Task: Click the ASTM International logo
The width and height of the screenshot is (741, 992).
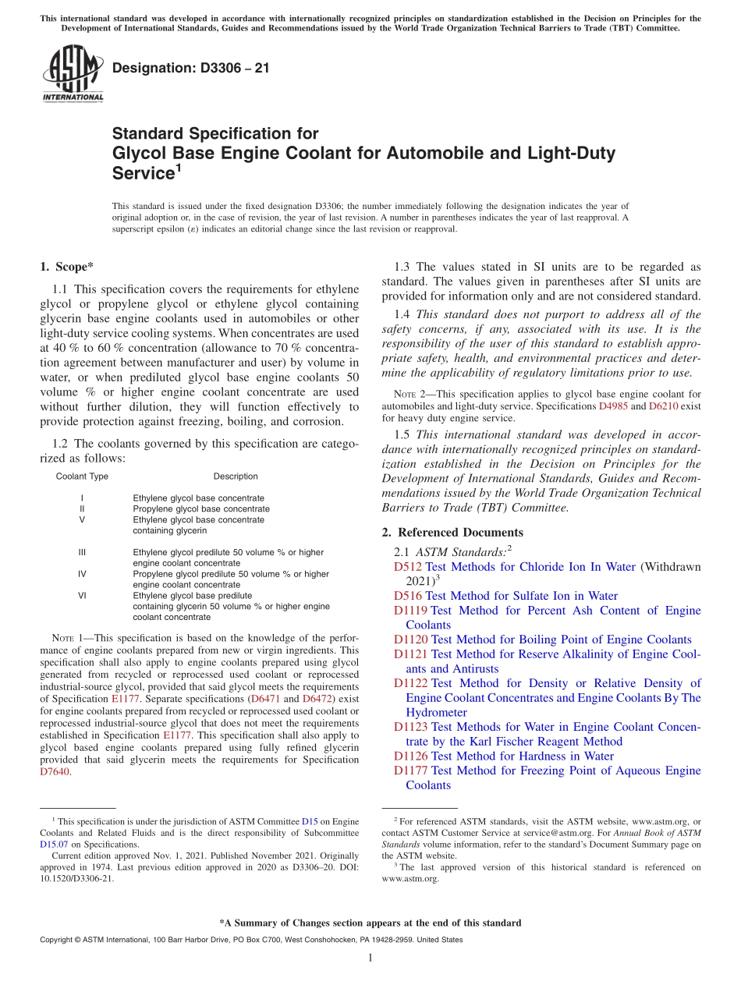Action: click(73, 75)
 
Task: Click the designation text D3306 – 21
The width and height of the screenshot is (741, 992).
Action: click(191, 68)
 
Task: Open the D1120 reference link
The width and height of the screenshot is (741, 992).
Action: click(411, 639)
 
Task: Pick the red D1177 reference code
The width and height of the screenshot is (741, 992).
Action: click(411, 771)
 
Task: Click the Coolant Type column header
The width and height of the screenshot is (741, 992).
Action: click(82, 477)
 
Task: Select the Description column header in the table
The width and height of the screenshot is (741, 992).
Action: click(236, 477)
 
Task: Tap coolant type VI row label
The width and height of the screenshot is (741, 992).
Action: click(82, 596)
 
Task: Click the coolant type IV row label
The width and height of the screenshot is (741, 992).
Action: click(82, 574)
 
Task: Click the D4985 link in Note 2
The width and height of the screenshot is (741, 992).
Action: click(613, 406)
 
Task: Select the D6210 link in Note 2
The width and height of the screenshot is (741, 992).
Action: click(663, 406)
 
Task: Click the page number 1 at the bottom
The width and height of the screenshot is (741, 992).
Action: click(370, 958)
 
